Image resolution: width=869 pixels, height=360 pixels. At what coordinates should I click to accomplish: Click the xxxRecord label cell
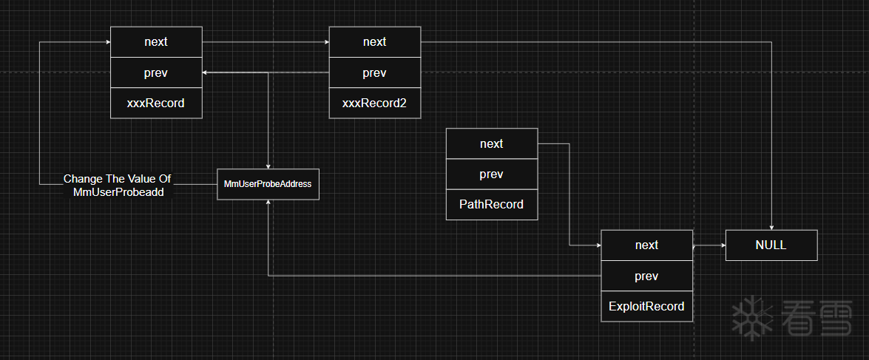tap(156, 103)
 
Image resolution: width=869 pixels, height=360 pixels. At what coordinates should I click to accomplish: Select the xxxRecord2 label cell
tap(374, 103)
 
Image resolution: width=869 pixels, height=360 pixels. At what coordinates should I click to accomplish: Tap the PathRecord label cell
tap(491, 205)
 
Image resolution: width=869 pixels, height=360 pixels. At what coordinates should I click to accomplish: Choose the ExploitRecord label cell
tap(646, 306)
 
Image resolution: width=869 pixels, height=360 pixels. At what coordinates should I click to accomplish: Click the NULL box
tap(771, 245)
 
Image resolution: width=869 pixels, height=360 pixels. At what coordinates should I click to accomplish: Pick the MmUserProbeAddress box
tap(268, 184)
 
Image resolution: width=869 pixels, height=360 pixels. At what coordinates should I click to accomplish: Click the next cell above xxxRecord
tap(156, 42)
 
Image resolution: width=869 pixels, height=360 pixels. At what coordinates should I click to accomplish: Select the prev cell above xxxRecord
tap(156, 73)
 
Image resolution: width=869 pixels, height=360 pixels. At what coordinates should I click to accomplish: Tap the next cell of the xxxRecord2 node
tap(374, 42)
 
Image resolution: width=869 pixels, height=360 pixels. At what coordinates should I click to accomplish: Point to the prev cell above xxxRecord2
tap(374, 73)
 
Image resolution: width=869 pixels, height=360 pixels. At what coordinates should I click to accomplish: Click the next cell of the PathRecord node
tap(491, 144)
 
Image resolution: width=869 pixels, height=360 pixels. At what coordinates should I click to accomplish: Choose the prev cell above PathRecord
tap(491, 174)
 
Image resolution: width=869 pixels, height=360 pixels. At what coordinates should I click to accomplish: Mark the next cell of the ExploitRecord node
tap(646, 245)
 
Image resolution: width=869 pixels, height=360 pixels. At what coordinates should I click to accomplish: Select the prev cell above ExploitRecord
tap(646, 276)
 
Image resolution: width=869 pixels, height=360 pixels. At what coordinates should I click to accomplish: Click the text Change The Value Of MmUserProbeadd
tap(118, 185)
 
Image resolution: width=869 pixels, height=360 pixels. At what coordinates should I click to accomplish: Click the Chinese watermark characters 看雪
tap(813, 319)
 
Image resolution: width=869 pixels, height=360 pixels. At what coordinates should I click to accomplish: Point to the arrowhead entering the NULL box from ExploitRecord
tap(722, 245)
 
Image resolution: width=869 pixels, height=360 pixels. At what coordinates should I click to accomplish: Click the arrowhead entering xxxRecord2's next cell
tap(325, 42)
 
